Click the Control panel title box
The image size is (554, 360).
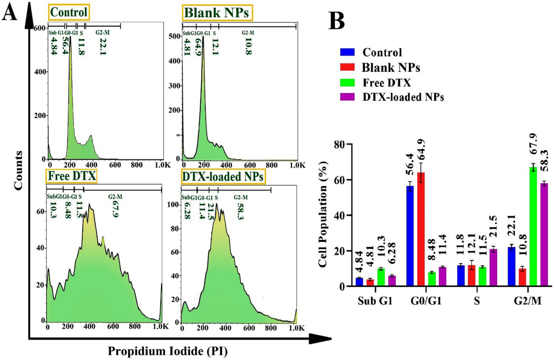pyautogui.click(x=69, y=13)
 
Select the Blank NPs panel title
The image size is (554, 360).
pyautogui.click(x=217, y=13)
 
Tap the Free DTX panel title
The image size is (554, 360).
pyautogui.click(x=72, y=176)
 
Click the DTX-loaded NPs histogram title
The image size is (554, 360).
pyautogui.click(x=223, y=177)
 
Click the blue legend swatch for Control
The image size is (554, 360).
pyautogui.click(x=347, y=52)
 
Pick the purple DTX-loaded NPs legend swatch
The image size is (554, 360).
pyautogui.click(x=347, y=97)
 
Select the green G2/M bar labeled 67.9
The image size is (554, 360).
pyautogui.click(x=533, y=226)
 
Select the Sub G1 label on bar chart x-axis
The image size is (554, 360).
pyautogui.click(x=375, y=301)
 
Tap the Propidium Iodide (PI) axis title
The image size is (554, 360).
pyautogui.click(x=168, y=351)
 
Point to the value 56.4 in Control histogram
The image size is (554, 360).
pyautogui.click(x=65, y=46)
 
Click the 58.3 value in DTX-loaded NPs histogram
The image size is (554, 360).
pyautogui.click(x=240, y=211)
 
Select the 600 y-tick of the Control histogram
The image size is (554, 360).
pyautogui.click(x=40, y=28)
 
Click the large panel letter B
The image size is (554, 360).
pyautogui.click(x=337, y=21)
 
